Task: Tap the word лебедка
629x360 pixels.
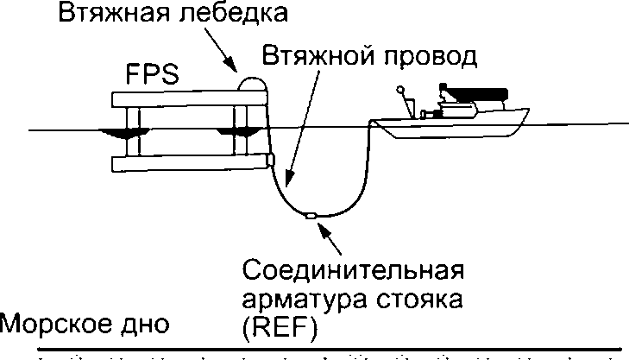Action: tap(233, 12)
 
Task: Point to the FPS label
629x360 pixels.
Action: tap(153, 74)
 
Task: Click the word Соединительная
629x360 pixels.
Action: tap(354, 269)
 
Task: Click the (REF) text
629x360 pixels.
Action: tap(280, 329)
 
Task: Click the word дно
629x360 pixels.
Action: tap(144, 325)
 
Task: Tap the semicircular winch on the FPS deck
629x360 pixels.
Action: tap(252, 84)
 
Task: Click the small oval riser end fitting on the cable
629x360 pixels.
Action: tap(311, 217)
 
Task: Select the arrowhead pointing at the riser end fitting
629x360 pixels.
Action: tap(324, 228)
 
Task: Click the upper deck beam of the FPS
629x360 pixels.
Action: tap(189, 99)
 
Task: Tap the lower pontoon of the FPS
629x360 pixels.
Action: tap(190, 163)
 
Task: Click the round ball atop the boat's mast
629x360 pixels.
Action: tap(399, 90)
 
